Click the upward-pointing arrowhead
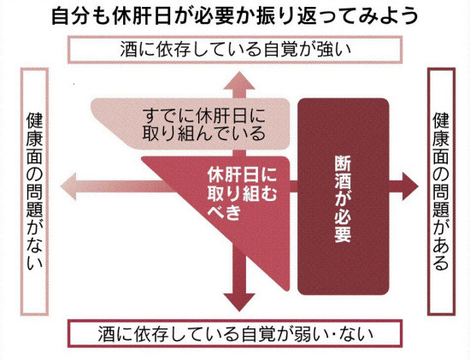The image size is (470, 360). click(x=239, y=81)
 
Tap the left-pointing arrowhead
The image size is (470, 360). click(x=69, y=186)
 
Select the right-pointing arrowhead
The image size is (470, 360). click(x=410, y=186)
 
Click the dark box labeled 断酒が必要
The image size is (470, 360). click(x=344, y=197)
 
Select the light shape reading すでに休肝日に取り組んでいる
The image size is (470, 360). click(x=191, y=124)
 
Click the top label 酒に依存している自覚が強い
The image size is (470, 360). click(x=235, y=50)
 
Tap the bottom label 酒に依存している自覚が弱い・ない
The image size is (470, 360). click(x=235, y=334)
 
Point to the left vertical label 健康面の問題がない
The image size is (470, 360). click(x=34, y=192)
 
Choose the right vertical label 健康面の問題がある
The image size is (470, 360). click(x=441, y=192)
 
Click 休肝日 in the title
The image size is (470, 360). click(x=142, y=16)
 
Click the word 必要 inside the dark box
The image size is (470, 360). click(x=343, y=224)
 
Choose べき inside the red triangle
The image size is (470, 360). click(x=224, y=213)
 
